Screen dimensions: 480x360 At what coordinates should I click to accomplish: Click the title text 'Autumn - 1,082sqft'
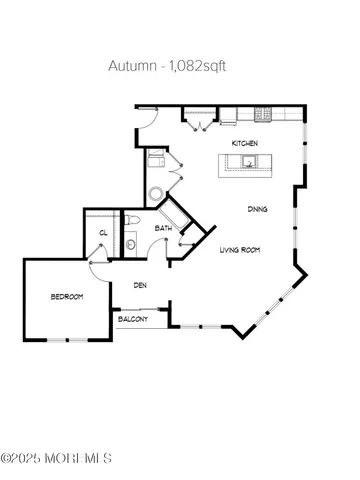180,67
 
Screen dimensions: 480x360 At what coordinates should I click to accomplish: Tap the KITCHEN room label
245,144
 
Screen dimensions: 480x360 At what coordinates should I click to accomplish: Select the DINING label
257,208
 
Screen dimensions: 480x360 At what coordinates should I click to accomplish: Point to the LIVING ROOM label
240,249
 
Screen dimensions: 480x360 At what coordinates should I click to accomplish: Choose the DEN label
142,285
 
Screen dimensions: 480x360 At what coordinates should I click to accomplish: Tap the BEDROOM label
67,297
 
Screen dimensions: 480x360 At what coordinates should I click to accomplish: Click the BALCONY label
133,320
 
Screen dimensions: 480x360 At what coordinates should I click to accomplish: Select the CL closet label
103,234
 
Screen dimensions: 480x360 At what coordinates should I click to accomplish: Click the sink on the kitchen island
248,162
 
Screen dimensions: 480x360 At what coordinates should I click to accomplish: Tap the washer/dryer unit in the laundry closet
156,158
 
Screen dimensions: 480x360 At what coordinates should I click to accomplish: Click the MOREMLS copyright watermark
56,458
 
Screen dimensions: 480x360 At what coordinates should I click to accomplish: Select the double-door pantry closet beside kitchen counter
197,120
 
